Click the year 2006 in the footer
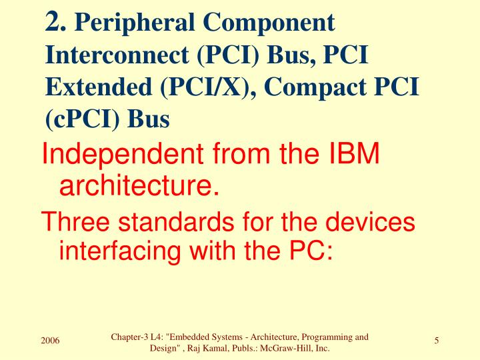(x=50, y=341)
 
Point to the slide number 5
(x=436, y=341)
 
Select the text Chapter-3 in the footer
(x=130, y=337)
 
